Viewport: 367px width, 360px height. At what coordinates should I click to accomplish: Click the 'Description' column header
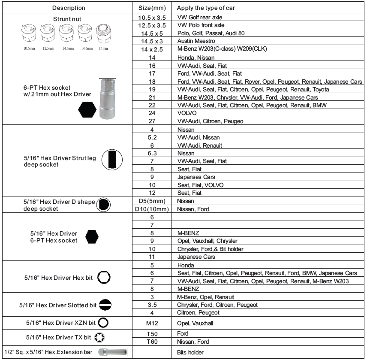coord(68,8)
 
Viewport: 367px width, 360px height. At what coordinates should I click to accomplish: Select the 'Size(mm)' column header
coord(152,8)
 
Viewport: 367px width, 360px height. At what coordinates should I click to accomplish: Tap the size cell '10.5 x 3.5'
coord(152,17)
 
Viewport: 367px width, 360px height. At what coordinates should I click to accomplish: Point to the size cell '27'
coord(152,121)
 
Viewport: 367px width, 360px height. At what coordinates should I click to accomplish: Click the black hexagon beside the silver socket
coord(88,110)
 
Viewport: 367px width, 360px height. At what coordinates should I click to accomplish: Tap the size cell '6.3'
coord(152,153)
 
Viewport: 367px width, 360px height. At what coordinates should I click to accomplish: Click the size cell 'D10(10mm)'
coord(152,209)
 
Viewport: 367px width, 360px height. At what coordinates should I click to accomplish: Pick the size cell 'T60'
coord(152,341)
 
